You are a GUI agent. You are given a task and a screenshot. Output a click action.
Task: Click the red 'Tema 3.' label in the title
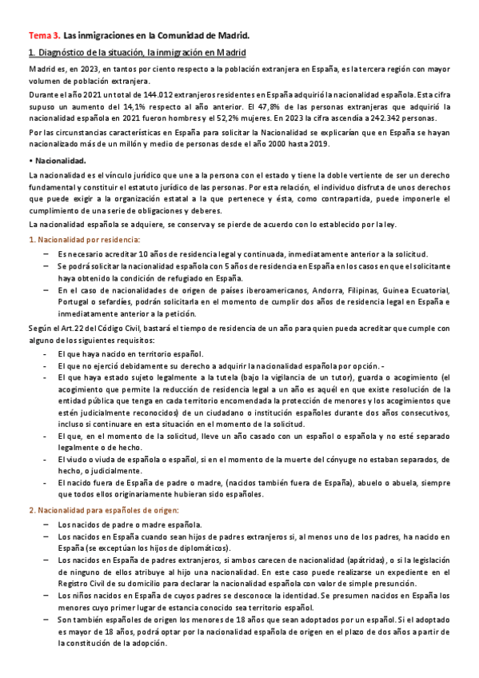43,36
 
